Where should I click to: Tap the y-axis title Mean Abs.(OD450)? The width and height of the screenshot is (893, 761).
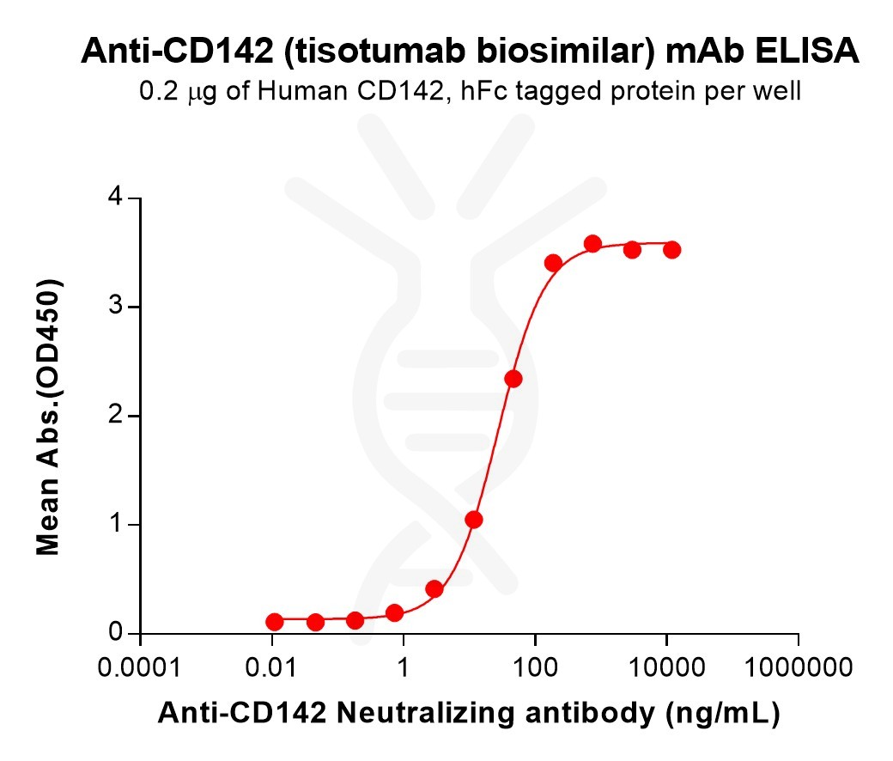click(x=49, y=416)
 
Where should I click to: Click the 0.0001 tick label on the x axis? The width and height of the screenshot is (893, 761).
click(x=140, y=667)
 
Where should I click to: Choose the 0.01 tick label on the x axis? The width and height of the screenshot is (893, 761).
click(x=271, y=667)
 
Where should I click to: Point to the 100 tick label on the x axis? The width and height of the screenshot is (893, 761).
click(x=535, y=667)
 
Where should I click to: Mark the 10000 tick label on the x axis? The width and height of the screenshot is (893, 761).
click(x=666, y=667)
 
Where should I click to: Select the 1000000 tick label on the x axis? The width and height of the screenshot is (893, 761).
click(x=799, y=667)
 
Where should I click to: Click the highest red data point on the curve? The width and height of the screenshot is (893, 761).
click(x=592, y=244)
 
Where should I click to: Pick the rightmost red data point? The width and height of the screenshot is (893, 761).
click(x=672, y=250)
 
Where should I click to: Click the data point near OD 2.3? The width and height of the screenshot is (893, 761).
click(x=513, y=379)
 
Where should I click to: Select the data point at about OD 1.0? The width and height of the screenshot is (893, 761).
click(x=474, y=520)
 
